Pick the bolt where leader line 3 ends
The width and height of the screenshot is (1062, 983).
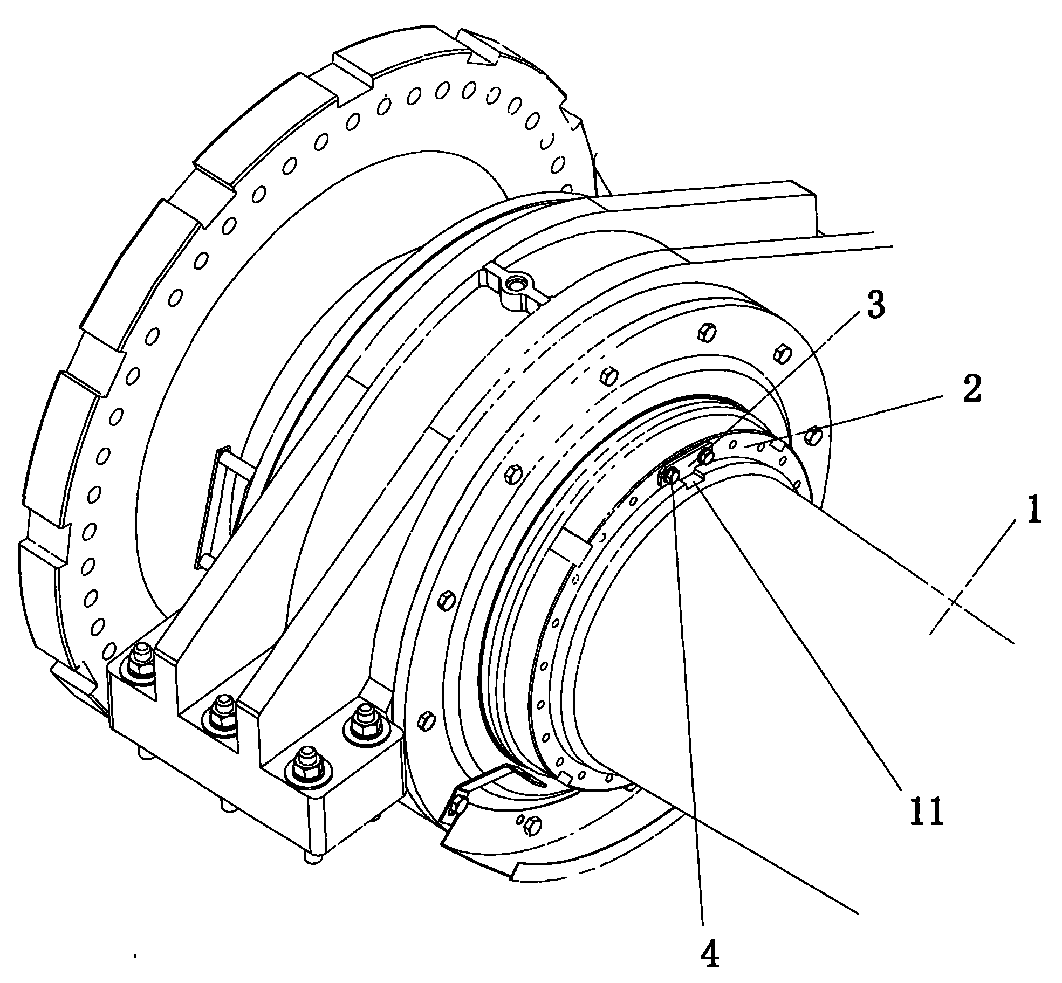[704, 457]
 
